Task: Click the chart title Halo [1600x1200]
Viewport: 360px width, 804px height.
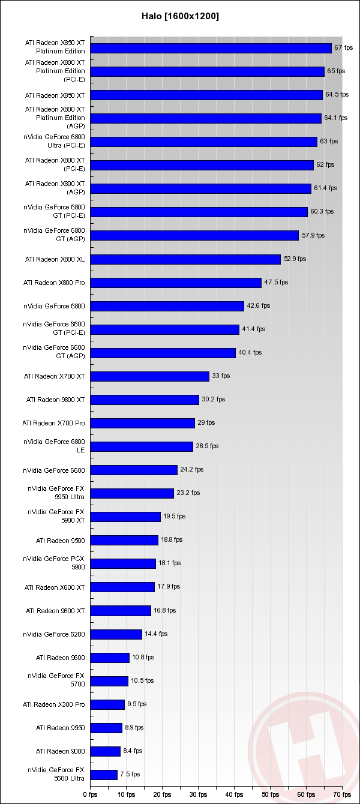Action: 179,16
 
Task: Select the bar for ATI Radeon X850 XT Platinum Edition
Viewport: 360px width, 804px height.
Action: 211,48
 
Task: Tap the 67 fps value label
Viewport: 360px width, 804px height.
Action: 343,47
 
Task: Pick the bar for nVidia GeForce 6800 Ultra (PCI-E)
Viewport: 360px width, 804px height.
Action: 203,142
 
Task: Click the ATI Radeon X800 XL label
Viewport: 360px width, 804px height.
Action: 55,259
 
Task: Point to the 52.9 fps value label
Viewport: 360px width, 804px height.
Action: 295,259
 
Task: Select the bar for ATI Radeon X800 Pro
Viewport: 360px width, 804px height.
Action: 176,283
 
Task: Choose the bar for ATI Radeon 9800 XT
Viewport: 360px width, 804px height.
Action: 145,400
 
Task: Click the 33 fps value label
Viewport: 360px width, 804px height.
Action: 221,376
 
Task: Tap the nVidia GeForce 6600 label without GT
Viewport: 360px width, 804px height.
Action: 54,470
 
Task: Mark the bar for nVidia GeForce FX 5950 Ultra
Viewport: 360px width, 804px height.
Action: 132,493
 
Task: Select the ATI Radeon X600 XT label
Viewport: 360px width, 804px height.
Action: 55,587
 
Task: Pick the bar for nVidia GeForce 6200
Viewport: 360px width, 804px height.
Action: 116,634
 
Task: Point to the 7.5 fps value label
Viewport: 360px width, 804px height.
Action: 130,774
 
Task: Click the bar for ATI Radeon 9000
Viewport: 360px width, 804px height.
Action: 106,751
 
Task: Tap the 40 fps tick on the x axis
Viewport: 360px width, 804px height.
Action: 234,794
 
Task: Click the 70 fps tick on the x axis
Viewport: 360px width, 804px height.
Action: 342,794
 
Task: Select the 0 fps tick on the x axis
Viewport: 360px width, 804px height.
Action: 90,794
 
